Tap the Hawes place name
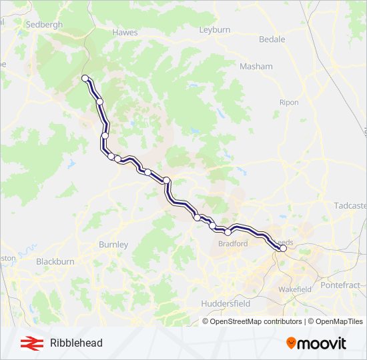coord(125,32)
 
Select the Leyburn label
coord(215,30)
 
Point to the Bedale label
coord(272,39)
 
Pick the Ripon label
coord(290,102)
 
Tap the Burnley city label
coord(113,245)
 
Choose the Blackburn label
coord(55,261)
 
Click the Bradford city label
coord(233,244)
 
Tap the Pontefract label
coord(340,285)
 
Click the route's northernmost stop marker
coord(85,79)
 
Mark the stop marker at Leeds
coord(283,249)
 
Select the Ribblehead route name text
coord(76,343)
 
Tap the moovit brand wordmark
coord(323,343)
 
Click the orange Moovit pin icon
coord(291,343)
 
